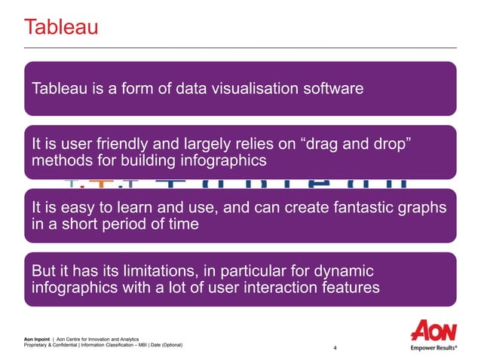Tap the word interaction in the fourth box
[271, 288]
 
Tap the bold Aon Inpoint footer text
[40, 340]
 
